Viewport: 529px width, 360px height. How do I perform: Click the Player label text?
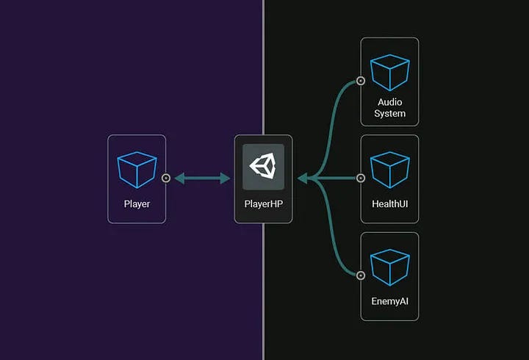click(x=137, y=204)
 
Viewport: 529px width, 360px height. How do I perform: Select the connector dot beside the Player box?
click(x=166, y=178)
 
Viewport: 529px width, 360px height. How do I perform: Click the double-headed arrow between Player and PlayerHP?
click(x=202, y=178)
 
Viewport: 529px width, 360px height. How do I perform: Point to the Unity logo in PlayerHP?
click(x=263, y=165)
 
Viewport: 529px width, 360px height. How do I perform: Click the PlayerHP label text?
click(x=263, y=204)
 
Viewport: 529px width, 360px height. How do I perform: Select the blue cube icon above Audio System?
click(x=389, y=72)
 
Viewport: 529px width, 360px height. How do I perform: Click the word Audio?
click(x=389, y=102)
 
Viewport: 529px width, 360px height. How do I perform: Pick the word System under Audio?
click(x=389, y=114)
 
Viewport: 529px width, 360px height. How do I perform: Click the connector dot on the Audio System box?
click(x=361, y=81)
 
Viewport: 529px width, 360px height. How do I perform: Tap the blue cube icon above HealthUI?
click(x=389, y=170)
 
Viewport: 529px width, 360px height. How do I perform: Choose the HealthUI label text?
click(x=389, y=204)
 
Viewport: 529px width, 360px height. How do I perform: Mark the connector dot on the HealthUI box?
click(x=361, y=178)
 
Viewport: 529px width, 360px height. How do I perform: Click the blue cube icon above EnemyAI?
click(x=389, y=267)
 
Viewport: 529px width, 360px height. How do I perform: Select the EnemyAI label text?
click(x=389, y=301)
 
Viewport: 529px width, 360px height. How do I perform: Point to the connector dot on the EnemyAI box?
click(x=361, y=276)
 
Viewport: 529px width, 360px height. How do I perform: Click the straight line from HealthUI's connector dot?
click(x=338, y=178)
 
